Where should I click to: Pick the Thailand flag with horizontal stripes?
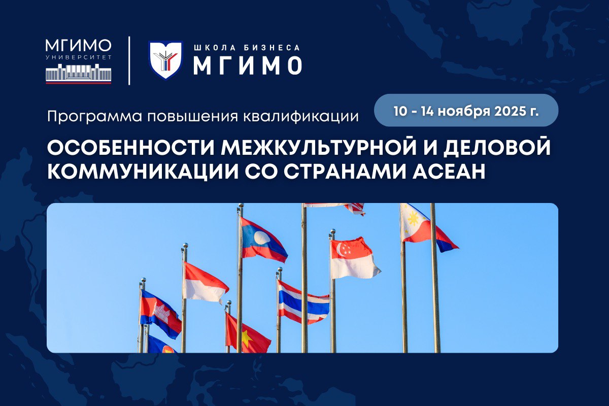click(x=302, y=302)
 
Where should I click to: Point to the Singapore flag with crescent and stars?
click(x=353, y=258)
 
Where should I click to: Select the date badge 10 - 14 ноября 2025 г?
click(x=466, y=110)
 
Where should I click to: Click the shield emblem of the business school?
click(x=165, y=60)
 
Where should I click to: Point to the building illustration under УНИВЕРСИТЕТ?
click(x=79, y=75)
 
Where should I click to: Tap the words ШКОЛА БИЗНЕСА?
click(x=247, y=48)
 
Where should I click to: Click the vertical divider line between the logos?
click(x=129, y=60)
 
